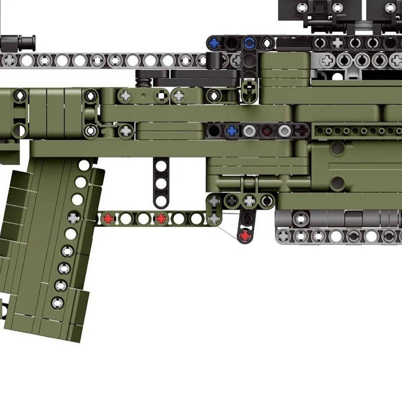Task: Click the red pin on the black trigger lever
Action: [x=245, y=235]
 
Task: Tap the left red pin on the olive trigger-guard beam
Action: [x=108, y=219]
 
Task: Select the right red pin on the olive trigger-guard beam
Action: [x=161, y=219]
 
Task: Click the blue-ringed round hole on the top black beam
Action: [x=249, y=42]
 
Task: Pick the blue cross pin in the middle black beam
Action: [x=231, y=131]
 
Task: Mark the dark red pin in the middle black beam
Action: [x=266, y=131]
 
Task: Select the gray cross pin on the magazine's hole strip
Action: [x=74, y=218]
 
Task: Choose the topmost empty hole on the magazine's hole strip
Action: [x=84, y=165]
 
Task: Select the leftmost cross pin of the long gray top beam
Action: [x=9, y=61]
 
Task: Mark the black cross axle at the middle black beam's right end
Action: [x=301, y=131]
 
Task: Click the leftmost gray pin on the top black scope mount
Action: [x=302, y=8]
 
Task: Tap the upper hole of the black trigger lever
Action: [x=246, y=218]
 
